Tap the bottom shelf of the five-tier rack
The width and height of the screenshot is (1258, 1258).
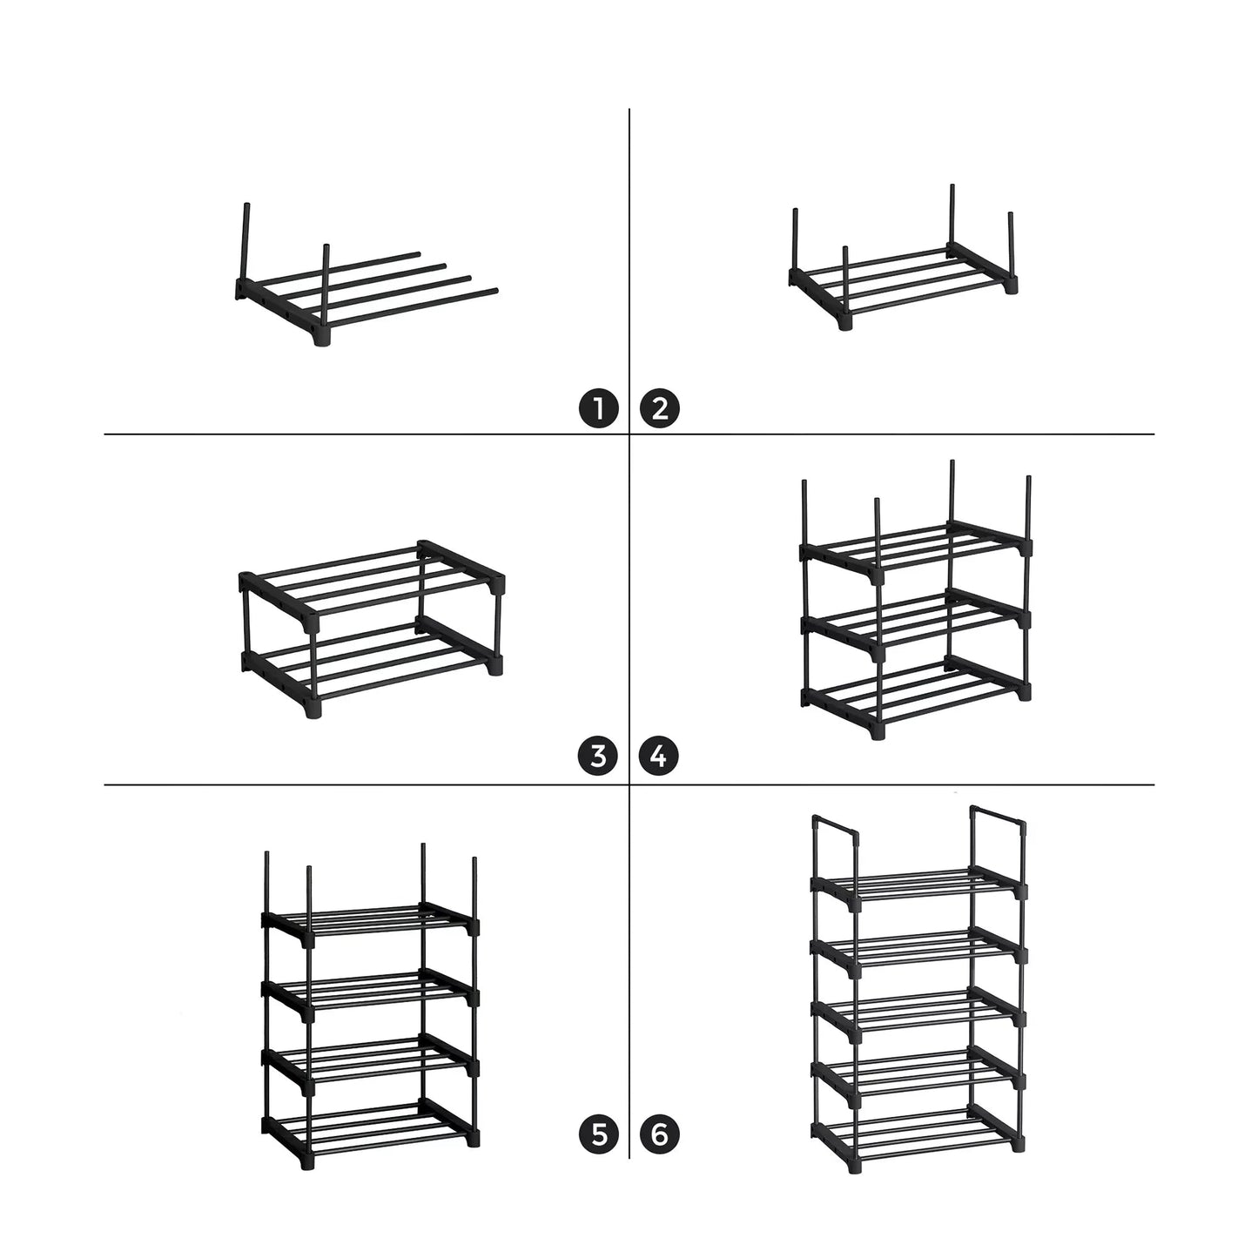(x=918, y=1132)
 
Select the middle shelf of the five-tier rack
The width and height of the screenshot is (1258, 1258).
(x=918, y=1010)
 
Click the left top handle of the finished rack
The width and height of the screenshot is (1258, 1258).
(x=835, y=824)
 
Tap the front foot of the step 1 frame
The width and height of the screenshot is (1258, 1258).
(x=324, y=336)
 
